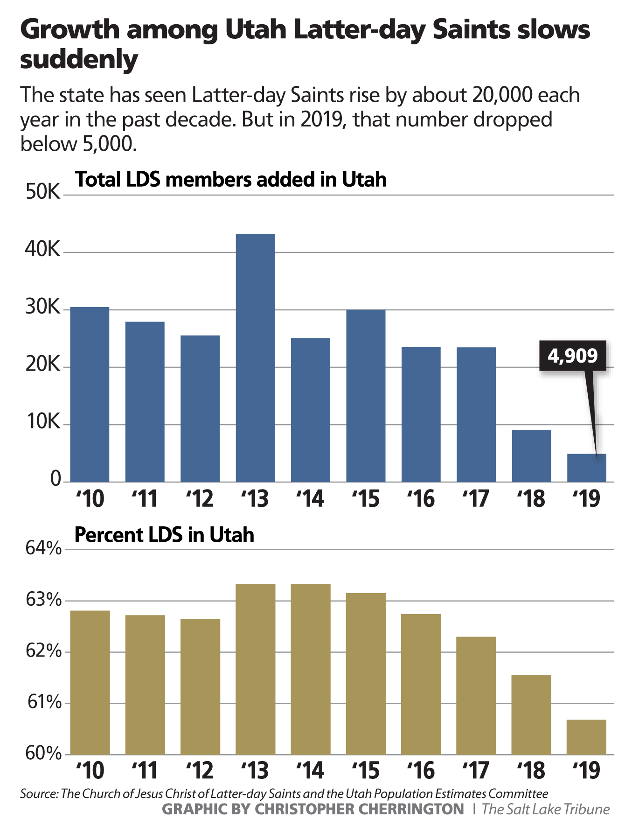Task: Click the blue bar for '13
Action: click(x=255, y=357)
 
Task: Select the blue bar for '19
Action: click(x=586, y=468)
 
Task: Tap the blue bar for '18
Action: click(x=531, y=455)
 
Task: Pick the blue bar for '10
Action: click(x=90, y=394)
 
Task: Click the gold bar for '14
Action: click(x=310, y=669)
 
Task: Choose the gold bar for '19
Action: click(x=586, y=737)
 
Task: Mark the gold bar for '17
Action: click(x=476, y=695)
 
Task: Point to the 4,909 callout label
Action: click(x=572, y=356)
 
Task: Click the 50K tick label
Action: click(x=43, y=192)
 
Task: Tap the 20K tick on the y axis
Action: click(x=43, y=364)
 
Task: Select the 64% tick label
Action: click(x=43, y=548)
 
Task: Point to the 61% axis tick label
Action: click(x=44, y=702)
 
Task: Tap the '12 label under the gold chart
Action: click(x=200, y=770)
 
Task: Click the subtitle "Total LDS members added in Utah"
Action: click(x=231, y=179)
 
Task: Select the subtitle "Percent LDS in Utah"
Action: click(x=164, y=535)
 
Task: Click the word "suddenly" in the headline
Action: click(x=79, y=60)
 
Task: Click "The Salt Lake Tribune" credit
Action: click(x=545, y=809)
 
